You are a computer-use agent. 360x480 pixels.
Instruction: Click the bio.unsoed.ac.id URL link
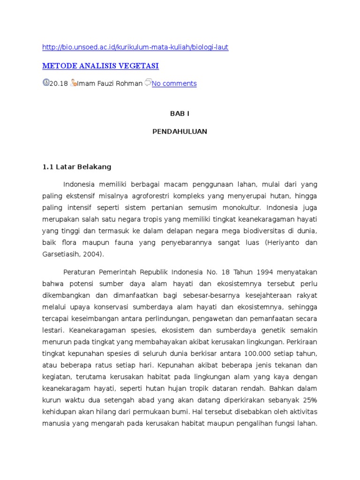(x=135, y=47)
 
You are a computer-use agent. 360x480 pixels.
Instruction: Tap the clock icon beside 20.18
(x=45, y=82)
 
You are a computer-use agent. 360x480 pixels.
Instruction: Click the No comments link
(x=174, y=83)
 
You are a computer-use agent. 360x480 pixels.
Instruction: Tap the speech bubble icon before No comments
(x=148, y=82)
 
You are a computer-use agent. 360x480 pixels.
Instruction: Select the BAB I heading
(x=180, y=114)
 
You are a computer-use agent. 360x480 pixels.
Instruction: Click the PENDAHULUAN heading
(x=180, y=132)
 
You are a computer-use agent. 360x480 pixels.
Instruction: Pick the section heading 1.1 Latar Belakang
(x=77, y=166)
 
